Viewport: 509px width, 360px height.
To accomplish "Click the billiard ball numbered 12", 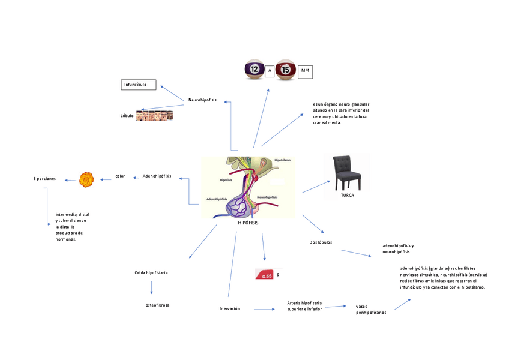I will point(254,70).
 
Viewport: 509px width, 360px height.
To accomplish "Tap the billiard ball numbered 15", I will point(286,70).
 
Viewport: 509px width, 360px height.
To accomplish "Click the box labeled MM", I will point(305,71).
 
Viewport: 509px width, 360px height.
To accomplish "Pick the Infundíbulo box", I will point(139,85).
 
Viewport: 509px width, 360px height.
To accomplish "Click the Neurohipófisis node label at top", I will point(202,100).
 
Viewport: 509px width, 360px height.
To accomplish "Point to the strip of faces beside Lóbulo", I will point(154,116).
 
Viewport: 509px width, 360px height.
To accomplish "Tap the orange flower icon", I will point(87,178).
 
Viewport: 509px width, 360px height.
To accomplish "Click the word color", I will point(120,176).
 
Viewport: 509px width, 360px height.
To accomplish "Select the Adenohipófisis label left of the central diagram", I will point(157,176).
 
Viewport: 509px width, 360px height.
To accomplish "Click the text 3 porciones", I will point(44,178).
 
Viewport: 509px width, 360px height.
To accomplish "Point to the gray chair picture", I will point(347,172).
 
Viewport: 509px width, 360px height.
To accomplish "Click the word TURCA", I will point(347,195).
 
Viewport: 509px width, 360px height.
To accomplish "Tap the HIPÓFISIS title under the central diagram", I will point(248,223).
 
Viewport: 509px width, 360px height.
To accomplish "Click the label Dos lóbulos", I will point(321,242).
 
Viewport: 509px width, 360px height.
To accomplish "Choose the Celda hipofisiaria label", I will point(151,272).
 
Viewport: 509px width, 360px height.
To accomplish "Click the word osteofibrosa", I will point(157,305).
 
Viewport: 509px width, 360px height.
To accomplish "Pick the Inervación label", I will point(229,308).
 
